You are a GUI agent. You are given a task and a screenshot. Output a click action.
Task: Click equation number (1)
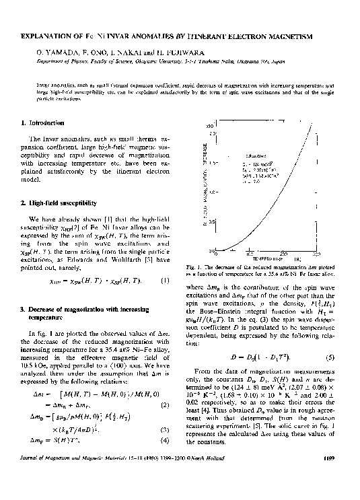(164, 281)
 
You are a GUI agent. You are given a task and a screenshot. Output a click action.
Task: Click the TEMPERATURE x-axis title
(268, 258)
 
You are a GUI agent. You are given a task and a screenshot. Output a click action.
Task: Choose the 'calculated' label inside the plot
(256, 155)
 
